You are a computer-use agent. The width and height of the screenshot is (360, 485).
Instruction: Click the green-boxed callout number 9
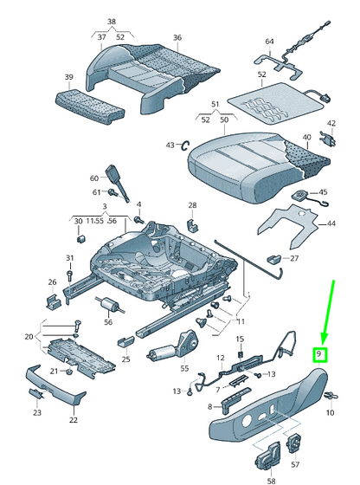tap(319, 354)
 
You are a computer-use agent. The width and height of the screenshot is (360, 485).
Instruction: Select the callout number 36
tap(177, 37)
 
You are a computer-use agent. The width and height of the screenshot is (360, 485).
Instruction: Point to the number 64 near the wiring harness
tap(269, 42)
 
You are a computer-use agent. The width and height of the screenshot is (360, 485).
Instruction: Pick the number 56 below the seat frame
tap(108, 322)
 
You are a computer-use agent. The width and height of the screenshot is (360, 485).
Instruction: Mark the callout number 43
tap(170, 144)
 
